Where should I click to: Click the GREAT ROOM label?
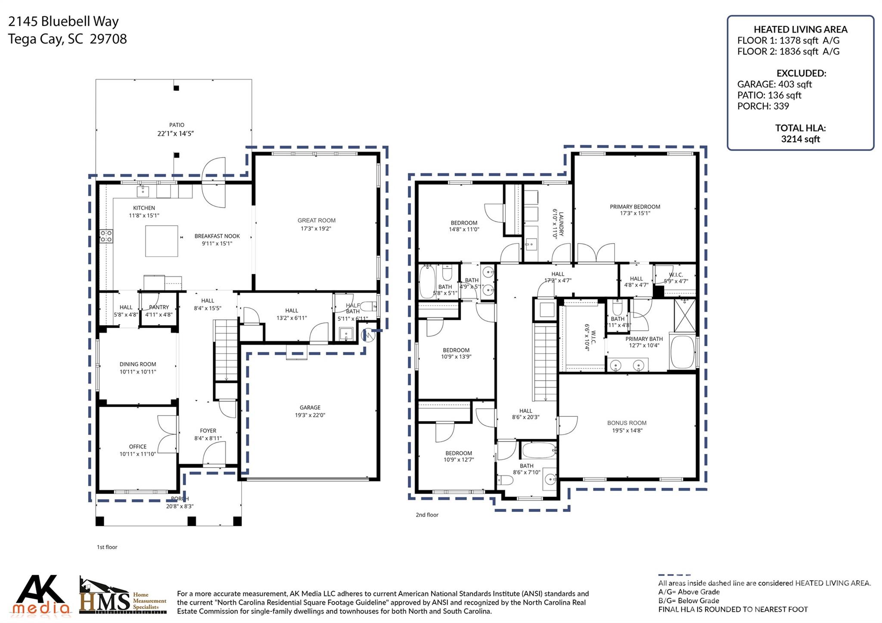click(x=316, y=220)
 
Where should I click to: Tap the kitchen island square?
click(x=161, y=241)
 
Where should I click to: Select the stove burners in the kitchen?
click(x=106, y=236)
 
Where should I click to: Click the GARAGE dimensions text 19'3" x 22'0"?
click(x=310, y=415)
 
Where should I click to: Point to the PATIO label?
click(x=177, y=125)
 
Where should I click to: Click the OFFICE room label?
click(x=138, y=446)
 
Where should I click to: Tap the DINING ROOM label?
click(x=138, y=364)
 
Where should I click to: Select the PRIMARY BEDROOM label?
click(x=635, y=207)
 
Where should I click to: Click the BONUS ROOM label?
click(x=627, y=423)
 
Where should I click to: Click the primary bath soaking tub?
click(x=682, y=352)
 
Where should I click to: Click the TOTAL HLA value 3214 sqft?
click(x=800, y=139)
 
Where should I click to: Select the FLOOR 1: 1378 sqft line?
click(x=788, y=40)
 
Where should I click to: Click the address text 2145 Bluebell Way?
click(x=63, y=22)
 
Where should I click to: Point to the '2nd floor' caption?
click(x=427, y=515)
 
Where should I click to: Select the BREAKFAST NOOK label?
click(x=217, y=236)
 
